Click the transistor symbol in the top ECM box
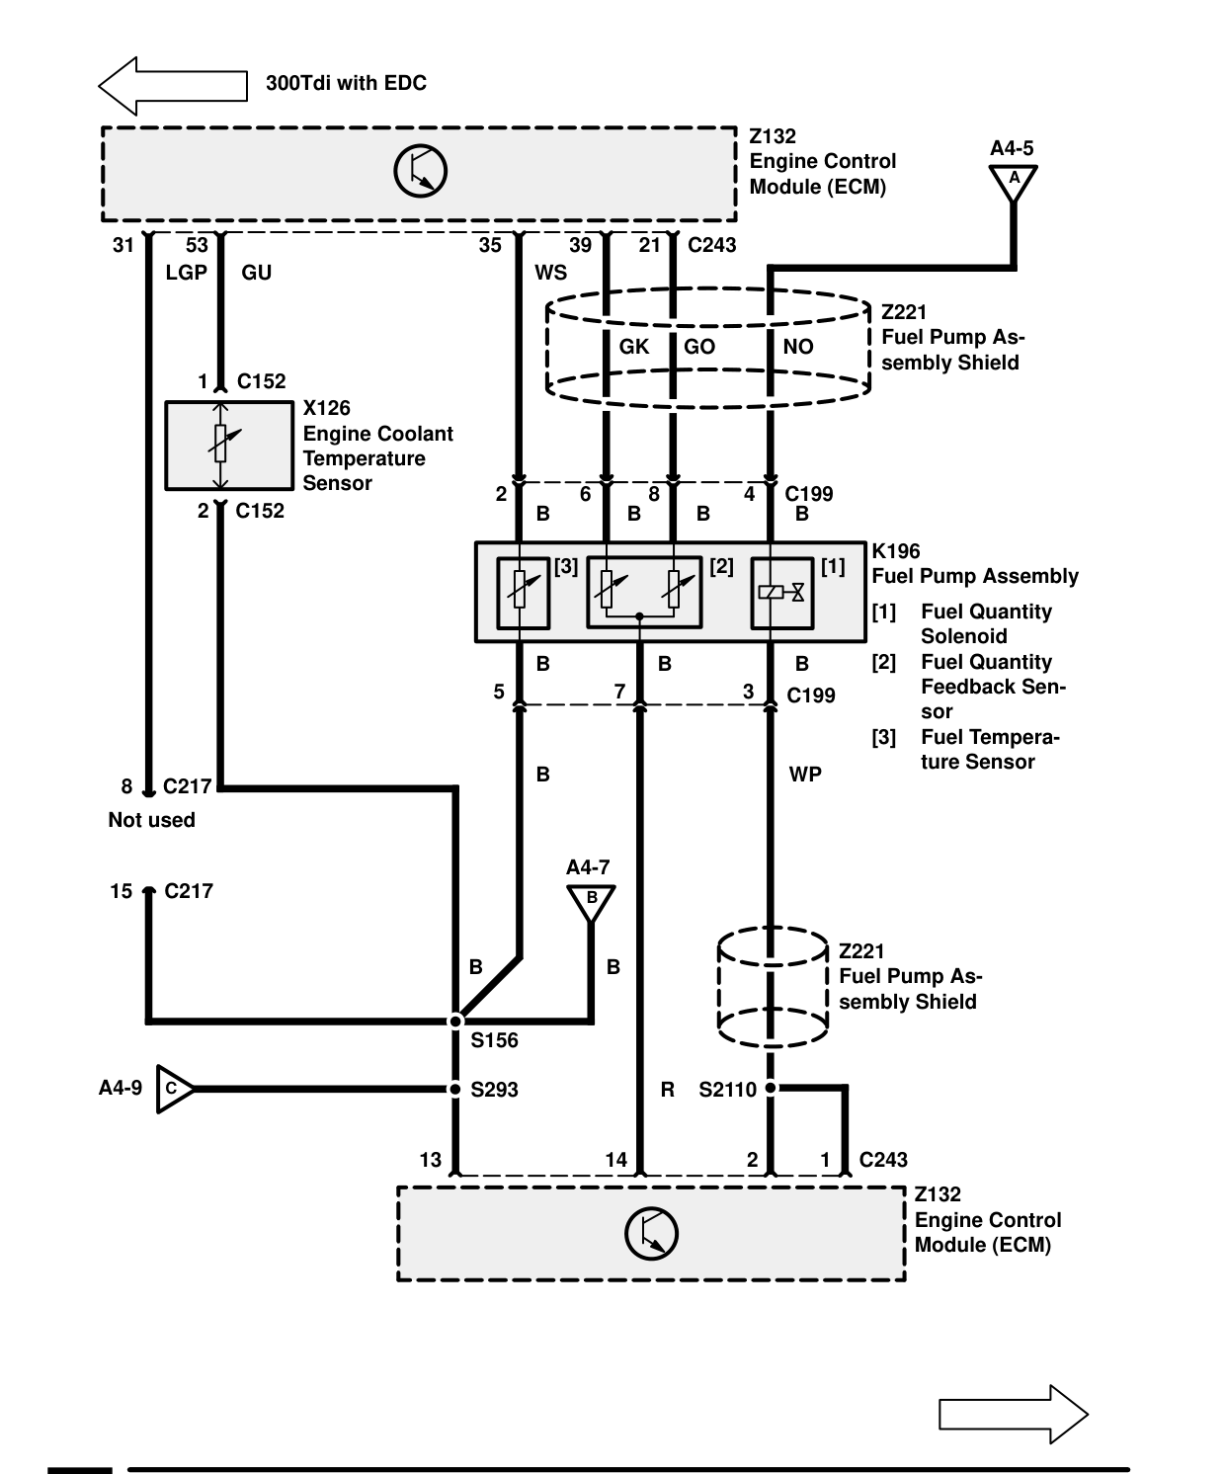pos(420,171)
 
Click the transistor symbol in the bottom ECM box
pos(651,1234)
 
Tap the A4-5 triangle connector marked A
pos(1014,183)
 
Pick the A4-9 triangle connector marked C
pos(175,1089)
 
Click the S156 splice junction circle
pos(456,1021)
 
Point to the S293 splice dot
pos(456,1089)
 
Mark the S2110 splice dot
pos(771,1088)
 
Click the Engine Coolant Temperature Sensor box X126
pos(229,446)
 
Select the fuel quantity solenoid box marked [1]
pos(782,593)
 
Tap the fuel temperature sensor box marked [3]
pos(524,593)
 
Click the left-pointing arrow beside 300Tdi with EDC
pos(173,85)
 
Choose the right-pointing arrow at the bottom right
pos(1014,1414)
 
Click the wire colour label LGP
pos(187,273)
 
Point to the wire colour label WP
pos(805,775)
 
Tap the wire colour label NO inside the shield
pos(798,347)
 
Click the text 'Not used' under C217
pos(151,820)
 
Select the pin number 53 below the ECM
pos(197,245)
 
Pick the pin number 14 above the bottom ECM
pos(616,1160)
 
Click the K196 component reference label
pos(896,551)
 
